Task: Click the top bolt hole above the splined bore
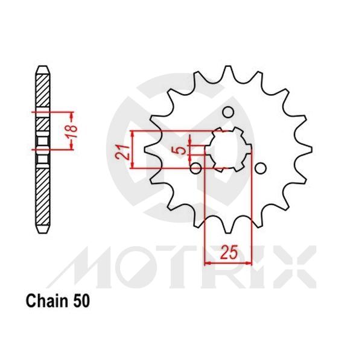pyautogui.click(x=227, y=112)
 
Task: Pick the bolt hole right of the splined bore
pyautogui.click(x=259, y=168)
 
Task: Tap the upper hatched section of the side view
pyautogui.click(x=42, y=91)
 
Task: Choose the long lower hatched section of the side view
pyautogui.click(x=42, y=196)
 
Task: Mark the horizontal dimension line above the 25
pyautogui.click(x=228, y=262)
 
